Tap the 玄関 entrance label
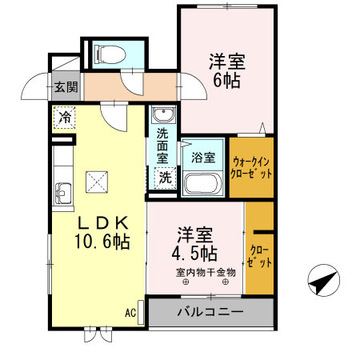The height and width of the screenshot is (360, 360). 66,87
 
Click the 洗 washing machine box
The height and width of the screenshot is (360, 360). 164,178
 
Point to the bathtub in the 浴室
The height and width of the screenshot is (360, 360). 202,183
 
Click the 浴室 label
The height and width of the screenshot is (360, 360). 202,158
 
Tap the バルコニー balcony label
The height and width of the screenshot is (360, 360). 210,311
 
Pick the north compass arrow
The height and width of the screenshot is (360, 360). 323,282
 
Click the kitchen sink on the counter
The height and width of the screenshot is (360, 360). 62,193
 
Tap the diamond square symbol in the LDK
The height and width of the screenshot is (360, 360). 98,182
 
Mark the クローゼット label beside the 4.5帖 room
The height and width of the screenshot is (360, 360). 258,257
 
